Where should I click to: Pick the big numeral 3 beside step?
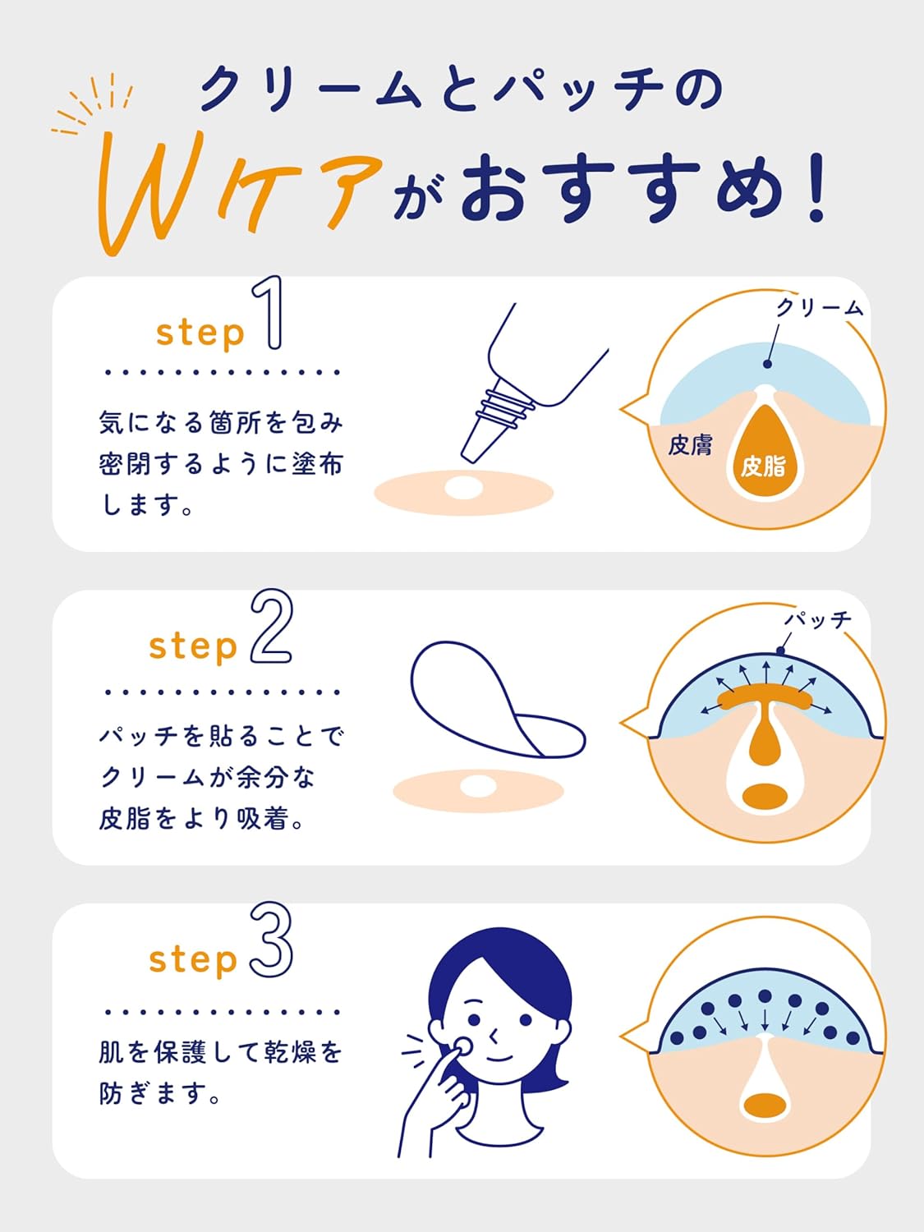pos(272,940)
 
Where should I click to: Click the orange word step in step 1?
pos(200,333)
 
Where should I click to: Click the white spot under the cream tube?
pos(463,488)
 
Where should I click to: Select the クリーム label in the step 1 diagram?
pos(820,308)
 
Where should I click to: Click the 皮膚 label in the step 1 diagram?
pos(690,445)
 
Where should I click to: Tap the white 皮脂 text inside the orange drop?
pos(763,467)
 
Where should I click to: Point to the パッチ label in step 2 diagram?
pos(818,619)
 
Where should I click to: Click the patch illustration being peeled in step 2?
pos(485,698)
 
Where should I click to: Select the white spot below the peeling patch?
pos(478,787)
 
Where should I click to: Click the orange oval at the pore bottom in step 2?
pos(765,796)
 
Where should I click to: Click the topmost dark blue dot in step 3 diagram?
pos(765,995)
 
